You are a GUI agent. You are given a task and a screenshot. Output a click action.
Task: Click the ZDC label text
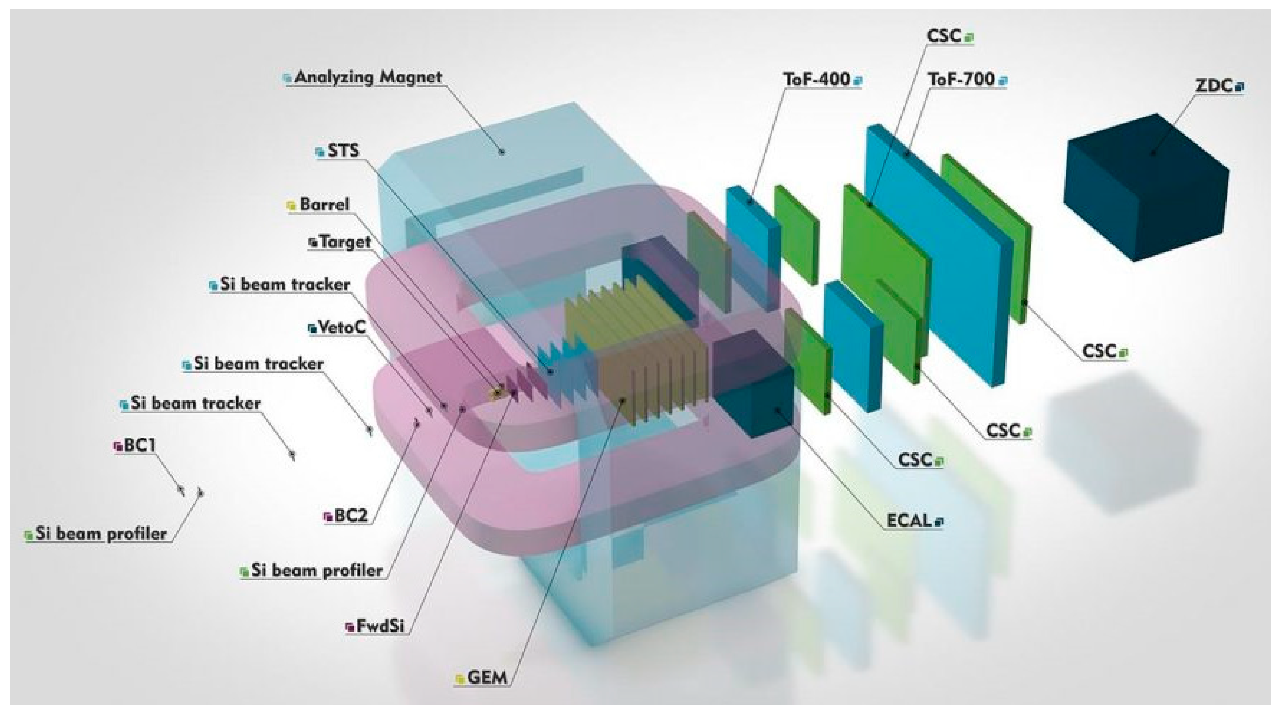tap(1213, 86)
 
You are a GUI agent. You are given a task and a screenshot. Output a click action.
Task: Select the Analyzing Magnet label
tap(368, 77)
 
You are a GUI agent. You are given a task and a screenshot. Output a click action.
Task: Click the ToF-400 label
tap(816, 79)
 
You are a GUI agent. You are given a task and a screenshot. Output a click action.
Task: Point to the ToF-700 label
tap(961, 79)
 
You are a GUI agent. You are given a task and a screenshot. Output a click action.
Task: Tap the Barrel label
tap(324, 204)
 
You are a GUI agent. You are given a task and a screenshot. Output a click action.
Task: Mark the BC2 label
tap(351, 515)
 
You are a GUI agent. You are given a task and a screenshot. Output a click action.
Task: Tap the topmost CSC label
tap(944, 36)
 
